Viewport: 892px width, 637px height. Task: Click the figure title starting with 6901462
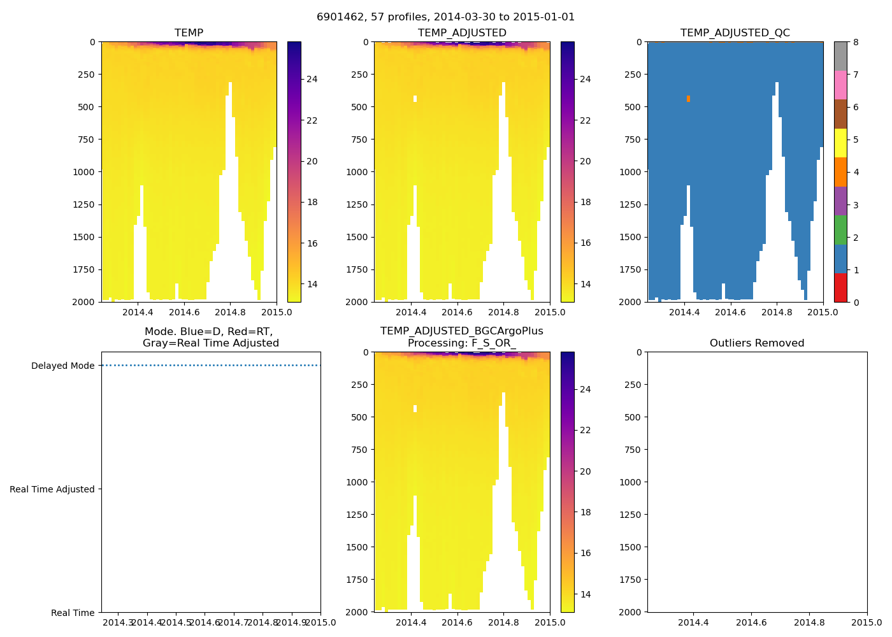tap(445, 17)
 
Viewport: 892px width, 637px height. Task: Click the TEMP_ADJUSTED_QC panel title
tap(735, 33)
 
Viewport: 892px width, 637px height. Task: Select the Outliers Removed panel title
tap(757, 343)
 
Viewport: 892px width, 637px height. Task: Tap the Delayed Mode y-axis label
tap(62, 366)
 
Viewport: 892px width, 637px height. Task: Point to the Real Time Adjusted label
tap(52, 489)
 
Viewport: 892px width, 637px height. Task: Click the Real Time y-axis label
tap(73, 613)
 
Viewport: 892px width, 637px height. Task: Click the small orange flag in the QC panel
tap(688, 99)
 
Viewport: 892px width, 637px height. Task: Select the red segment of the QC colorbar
tap(840, 287)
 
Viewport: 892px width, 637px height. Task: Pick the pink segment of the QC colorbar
tap(840, 85)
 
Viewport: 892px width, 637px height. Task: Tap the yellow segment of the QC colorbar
tap(840, 143)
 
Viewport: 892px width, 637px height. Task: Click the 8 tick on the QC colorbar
tap(856, 43)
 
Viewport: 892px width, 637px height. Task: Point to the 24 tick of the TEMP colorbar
tap(312, 80)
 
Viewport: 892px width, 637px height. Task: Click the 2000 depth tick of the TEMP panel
tap(83, 302)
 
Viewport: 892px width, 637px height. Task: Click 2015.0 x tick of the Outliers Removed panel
tap(867, 622)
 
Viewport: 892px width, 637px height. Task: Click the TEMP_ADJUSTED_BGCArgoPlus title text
tap(461, 331)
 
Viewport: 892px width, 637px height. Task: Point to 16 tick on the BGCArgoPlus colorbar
tap(585, 553)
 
